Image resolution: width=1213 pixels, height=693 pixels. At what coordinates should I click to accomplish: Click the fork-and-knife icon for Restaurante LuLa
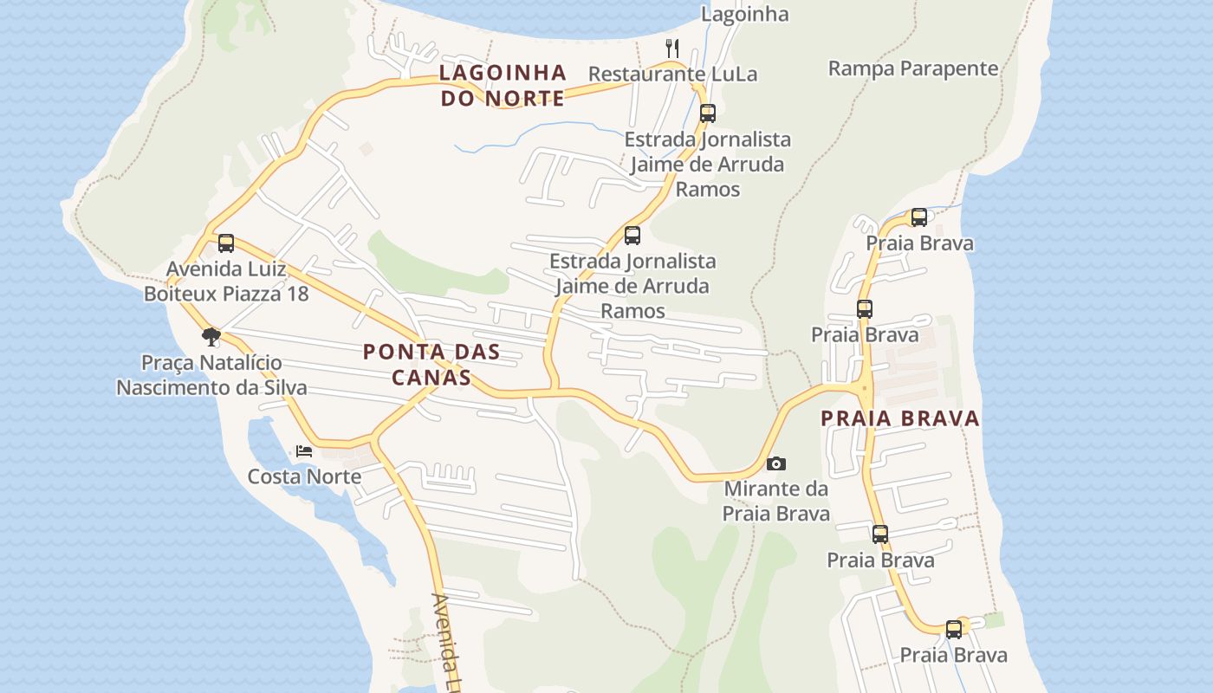(x=672, y=47)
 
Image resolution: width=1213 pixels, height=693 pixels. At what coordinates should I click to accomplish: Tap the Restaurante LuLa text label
(x=672, y=74)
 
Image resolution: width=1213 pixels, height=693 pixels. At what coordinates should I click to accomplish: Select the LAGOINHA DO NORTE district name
(x=503, y=85)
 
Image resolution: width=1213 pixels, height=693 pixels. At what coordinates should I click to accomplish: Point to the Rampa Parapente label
(x=913, y=68)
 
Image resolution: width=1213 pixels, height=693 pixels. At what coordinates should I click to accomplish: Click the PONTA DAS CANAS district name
(x=431, y=364)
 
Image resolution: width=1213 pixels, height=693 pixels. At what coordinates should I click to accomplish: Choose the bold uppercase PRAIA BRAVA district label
(x=900, y=418)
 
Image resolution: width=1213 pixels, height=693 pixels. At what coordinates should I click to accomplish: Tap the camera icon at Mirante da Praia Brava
(x=776, y=463)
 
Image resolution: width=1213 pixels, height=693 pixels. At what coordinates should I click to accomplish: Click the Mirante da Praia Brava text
(x=776, y=501)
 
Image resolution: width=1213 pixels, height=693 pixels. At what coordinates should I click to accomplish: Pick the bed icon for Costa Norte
(x=304, y=451)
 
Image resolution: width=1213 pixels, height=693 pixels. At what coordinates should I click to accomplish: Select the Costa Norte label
(x=304, y=476)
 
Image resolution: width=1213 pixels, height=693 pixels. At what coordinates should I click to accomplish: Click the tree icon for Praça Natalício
(x=211, y=336)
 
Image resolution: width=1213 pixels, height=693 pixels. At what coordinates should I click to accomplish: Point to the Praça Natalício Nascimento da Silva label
(x=211, y=374)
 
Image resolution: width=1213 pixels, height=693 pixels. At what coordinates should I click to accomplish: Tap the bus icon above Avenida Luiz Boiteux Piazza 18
(x=226, y=243)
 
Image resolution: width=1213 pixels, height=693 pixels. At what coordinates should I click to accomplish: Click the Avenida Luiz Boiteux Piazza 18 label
(x=226, y=282)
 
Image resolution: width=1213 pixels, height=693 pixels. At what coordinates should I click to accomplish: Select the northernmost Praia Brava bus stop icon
(x=919, y=217)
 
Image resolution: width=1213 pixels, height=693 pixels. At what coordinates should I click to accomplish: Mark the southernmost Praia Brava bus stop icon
(x=954, y=630)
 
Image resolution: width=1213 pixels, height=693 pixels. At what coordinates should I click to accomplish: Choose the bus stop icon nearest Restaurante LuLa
(x=708, y=113)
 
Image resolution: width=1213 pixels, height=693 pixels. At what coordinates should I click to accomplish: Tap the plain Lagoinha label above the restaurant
(x=744, y=14)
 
